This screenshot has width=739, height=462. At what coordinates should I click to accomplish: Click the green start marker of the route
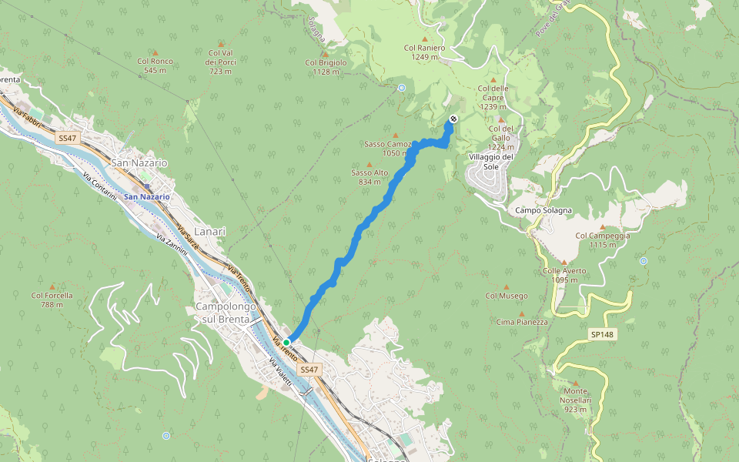286,342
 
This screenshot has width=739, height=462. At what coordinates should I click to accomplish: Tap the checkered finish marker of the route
453,119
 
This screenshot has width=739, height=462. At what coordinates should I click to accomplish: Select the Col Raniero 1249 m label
424,52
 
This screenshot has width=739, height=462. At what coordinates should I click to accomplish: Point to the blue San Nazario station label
146,196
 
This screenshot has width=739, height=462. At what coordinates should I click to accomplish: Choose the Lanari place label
210,231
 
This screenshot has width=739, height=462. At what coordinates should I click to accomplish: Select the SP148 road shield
602,334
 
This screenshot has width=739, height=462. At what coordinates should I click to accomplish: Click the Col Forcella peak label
52,300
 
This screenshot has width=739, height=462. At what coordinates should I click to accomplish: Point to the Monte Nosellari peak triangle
575,382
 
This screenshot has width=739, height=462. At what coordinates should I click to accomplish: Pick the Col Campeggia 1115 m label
602,240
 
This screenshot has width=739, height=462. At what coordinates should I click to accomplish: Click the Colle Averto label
564,275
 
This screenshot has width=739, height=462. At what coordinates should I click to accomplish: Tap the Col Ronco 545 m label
155,65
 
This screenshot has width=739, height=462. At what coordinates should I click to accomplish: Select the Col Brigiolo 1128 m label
326,67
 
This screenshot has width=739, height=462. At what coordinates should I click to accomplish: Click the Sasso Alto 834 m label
369,177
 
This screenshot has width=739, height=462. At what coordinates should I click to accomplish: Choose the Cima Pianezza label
522,322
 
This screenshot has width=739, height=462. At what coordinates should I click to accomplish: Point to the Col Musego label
507,296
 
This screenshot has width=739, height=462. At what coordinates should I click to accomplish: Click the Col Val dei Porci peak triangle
221,44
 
